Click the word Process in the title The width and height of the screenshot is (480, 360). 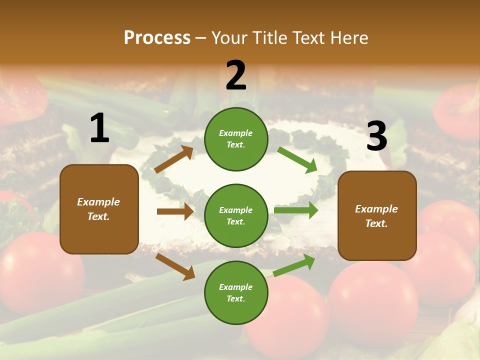[157, 38]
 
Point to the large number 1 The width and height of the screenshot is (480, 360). [99, 128]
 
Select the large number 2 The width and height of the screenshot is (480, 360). [236, 75]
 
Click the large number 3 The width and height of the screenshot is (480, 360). [376, 136]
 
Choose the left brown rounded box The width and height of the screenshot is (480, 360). [99, 209]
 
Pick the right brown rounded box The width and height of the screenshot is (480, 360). [377, 216]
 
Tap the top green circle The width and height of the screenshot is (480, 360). [236, 139]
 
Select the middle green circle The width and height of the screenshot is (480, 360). [236, 215]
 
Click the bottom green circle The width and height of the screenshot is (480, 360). [236, 292]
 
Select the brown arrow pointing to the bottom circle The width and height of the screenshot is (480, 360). [175, 266]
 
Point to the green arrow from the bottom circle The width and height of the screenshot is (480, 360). [294, 265]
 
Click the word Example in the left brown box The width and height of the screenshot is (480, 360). [98, 202]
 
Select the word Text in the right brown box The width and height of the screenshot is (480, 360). [376, 223]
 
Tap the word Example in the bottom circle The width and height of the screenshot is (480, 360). [236, 287]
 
